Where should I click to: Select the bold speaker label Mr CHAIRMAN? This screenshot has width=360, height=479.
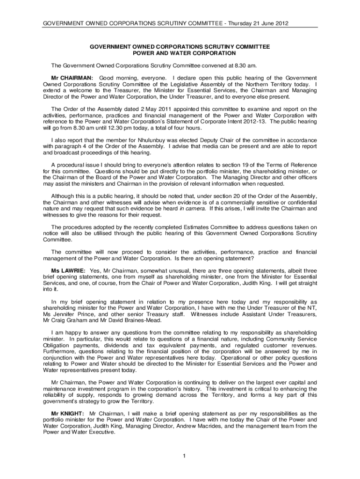(72, 77)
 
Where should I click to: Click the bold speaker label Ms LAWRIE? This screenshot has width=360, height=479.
(68, 270)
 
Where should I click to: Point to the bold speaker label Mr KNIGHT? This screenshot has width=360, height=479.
(67, 414)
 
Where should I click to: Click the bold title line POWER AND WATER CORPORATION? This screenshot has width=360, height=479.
(180, 54)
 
